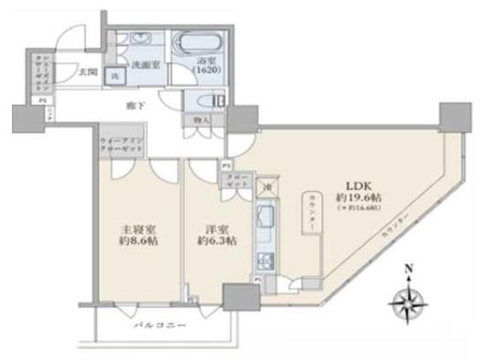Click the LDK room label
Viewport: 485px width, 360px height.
[357, 183]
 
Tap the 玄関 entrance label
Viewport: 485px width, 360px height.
[88, 73]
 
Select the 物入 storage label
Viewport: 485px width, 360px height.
[202, 120]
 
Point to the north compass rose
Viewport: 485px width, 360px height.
[409, 301]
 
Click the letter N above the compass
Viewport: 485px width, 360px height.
[409, 272]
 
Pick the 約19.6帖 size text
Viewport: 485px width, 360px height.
[357, 197]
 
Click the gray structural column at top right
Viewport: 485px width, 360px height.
[455, 115]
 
